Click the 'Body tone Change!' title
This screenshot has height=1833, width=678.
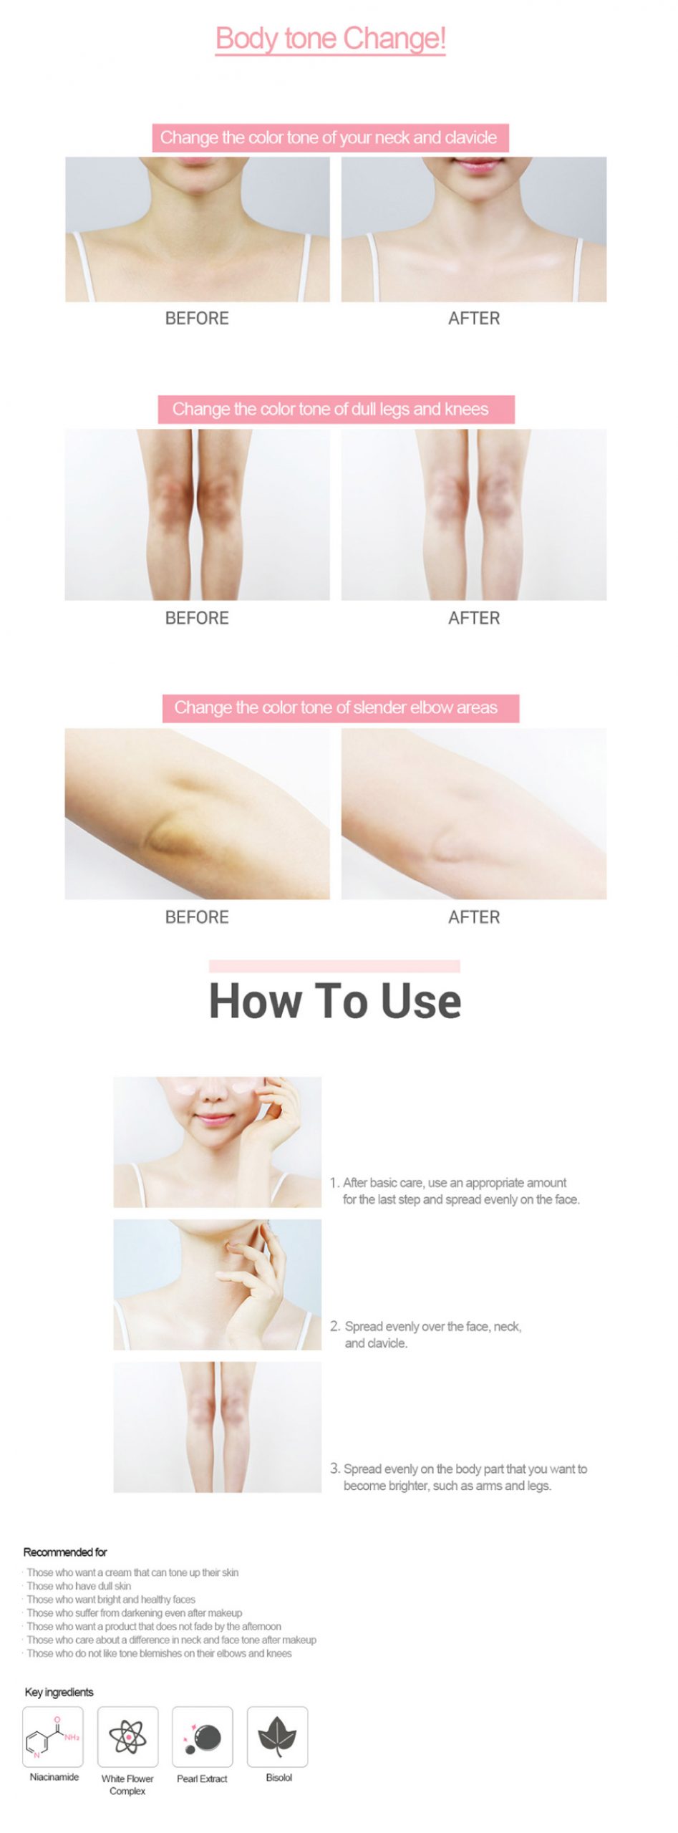click(x=331, y=39)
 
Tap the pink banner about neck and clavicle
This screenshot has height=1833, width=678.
click(x=330, y=137)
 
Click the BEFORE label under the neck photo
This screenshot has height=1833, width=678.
click(x=197, y=319)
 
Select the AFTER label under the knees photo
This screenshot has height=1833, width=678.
click(x=474, y=618)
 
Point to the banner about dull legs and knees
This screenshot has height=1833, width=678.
click(x=336, y=409)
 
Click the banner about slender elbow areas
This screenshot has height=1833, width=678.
click(x=340, y=708)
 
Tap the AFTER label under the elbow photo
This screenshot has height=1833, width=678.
click(x=474, y=917)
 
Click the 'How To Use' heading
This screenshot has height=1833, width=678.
click(x=335, y=1000)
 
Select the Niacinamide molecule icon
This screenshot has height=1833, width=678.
click(x=53, y=1736)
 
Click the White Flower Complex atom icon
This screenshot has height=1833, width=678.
click(x=127, y=1736)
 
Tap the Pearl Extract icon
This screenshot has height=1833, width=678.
click(x=203, y=1736)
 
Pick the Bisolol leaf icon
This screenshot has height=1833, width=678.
click(x=278, y=1736)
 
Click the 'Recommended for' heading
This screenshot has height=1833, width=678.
click(x=65, y=1552)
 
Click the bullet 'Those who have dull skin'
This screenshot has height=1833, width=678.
click(x=79, y=1586)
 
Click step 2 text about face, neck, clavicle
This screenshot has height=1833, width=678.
click(x=427, y=1335)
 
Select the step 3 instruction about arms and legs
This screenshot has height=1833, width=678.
click(x=459, y=1477)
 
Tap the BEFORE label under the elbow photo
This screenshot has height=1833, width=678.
click(x=197, y=917)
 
